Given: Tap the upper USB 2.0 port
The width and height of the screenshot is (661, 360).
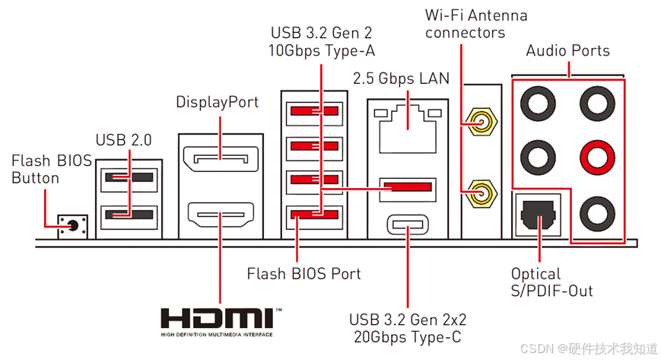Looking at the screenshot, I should pos(129,177).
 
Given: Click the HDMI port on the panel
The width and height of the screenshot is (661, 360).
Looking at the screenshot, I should pos(221,215).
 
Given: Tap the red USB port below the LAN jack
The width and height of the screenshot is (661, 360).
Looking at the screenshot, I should pos(408,186).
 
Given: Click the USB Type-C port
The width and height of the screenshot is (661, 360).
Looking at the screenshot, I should pos(408,225).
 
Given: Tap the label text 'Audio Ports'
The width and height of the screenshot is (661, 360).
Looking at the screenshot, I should pos(567,51).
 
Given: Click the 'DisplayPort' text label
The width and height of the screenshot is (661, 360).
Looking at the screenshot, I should pos(217,102).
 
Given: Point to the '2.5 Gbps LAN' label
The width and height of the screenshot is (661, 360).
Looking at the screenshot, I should pos(401,78).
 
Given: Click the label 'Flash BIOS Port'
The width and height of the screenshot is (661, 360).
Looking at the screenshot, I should pos(303,272).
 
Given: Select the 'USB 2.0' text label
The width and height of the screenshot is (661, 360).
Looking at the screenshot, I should pos(124,140).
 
